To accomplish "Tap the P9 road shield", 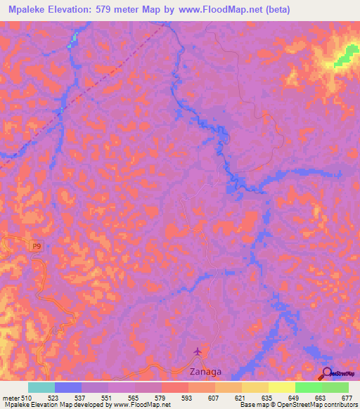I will coord(36,245).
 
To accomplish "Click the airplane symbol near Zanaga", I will coord(198,351).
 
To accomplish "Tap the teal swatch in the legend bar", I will coord(41,387).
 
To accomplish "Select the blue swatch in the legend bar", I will coord(68,387).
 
